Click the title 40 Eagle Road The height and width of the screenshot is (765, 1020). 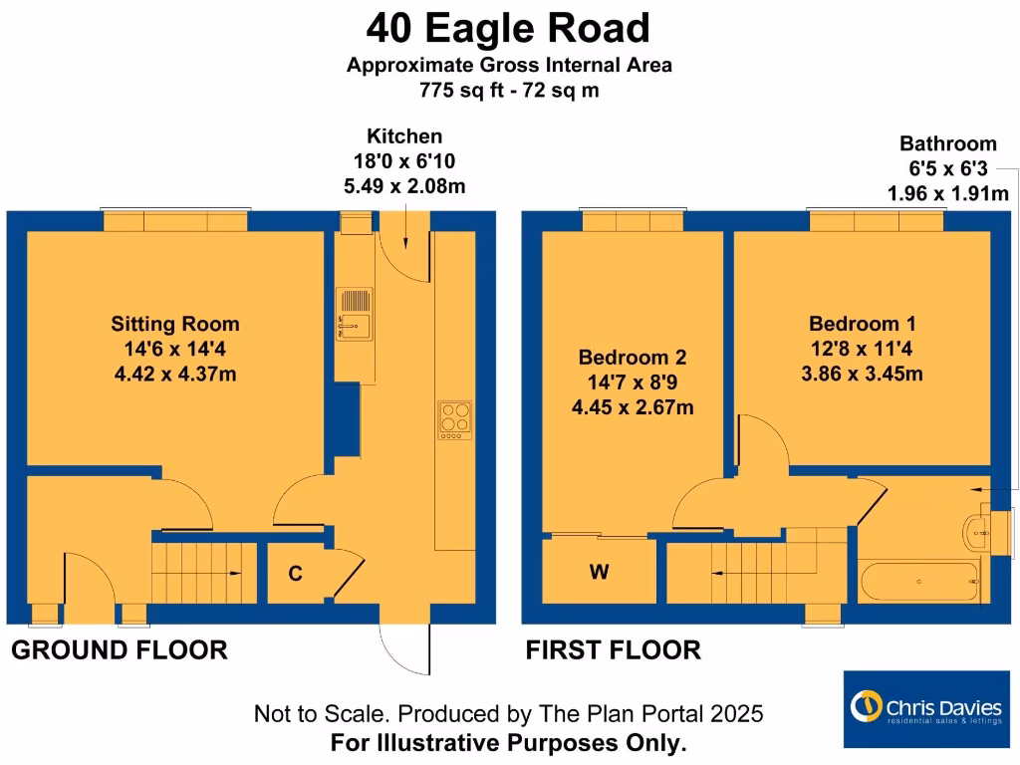[x=508, y=28]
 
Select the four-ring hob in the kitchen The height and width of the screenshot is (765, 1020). [x=454, y=419]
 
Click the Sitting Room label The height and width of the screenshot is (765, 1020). [x=175, y=324]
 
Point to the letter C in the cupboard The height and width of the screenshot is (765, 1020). [x=295, y=574]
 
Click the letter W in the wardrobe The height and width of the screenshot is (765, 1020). [x=599, y=572]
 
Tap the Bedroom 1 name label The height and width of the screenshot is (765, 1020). [x=862, y=324]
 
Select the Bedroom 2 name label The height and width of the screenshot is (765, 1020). [x=633, y=357]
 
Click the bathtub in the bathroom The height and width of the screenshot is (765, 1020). [x=919, y=578]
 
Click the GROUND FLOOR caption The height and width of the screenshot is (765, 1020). [x=120, y=650]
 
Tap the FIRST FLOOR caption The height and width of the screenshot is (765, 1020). [x=613, y=650]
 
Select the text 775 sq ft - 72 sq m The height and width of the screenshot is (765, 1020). [x=509, y=90]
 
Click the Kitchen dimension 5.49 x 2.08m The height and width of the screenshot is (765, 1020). [x=404, y=186]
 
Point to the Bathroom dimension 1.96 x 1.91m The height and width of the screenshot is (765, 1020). [x=947, y=193]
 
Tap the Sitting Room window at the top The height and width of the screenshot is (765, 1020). [x=175, y=220]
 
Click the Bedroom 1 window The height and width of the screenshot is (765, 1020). [x=876, y=220]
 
